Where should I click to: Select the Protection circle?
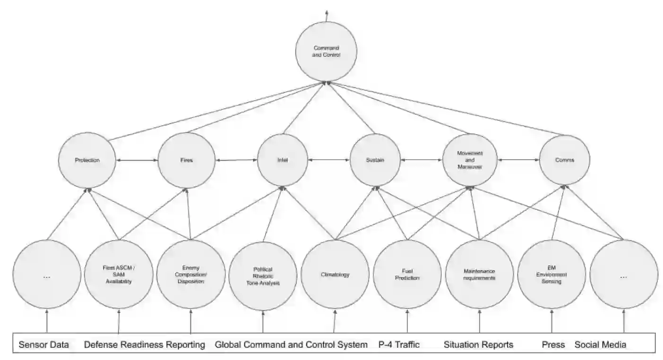click(87, 160)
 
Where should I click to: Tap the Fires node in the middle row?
click(187, 160)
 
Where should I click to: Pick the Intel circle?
click(283, 160)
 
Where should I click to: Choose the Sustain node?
click(375, 160)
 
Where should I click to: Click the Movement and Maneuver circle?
click(470, 160)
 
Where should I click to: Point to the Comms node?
click(565, 160)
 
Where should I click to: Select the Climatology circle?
click(335, 274)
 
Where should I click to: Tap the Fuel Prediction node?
click(407, 274)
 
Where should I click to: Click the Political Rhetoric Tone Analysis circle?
click(263, 276)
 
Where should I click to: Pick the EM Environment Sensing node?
click(552, 274)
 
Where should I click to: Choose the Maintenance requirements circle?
click(480, 274)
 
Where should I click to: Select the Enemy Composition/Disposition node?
click(190, 274)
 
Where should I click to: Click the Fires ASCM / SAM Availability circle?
click(118, 274)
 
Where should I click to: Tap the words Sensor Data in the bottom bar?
click(44, 345)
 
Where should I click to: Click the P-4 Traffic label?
click(399, 345)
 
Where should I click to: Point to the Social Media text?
click(600, 345)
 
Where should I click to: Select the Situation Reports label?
click(478, 345)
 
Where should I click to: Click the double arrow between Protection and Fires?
click(137, 161)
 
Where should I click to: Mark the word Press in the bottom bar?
click(553, 345)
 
